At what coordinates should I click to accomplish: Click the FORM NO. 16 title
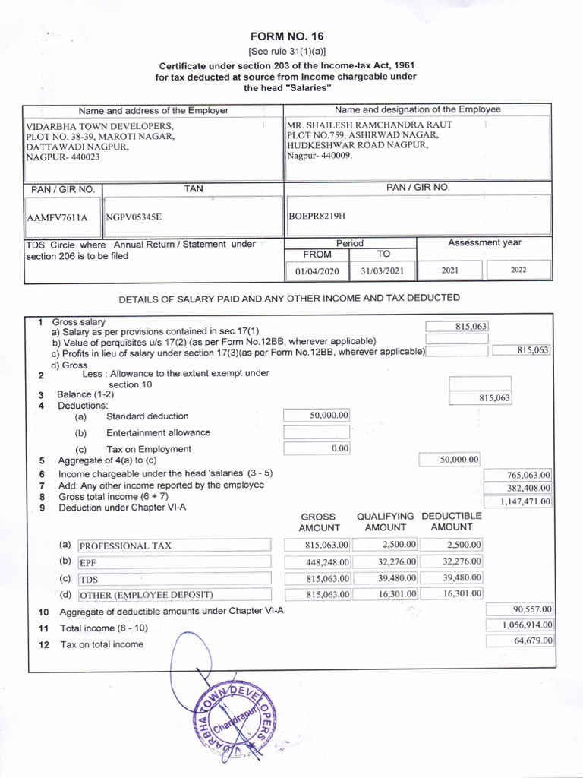pyautogui.click(x=291, y=36)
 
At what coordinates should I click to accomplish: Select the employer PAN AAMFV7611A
pyautogui.click(x=57, y=217)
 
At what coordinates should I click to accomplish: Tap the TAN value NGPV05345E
pyautogui.click(x=134, y=217)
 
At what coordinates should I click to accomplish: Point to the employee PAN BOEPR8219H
pyautogui.click(x=317, y=216)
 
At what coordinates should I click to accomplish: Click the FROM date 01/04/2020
pyautogui.click(x=317, y=270)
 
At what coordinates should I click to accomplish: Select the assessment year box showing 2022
pyautogui.click(x=518, y=270)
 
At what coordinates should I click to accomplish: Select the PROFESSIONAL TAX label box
pyautogui.click(x=174, y=546)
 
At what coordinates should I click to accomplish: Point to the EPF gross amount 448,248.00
pyautogui.click(x=317, y=562)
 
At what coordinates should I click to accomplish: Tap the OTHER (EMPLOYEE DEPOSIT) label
pyautogui.click(x=174, y=594)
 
